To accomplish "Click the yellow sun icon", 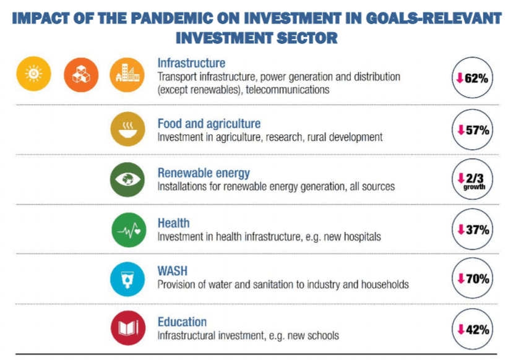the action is [33, 74].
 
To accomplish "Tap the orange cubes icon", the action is [81, 75].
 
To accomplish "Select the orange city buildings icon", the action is [127, 75].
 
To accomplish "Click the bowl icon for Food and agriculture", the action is [127, 129].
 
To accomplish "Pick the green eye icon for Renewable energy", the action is [127, 179].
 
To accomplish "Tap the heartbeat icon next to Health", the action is [129, 230].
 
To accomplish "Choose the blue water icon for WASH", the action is [127, 279].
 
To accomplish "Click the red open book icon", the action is [128, 328].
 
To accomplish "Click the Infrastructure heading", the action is [191, 63].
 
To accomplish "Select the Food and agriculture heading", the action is [209, 123].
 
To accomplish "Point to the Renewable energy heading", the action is [204, 173].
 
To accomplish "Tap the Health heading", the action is [173, 223].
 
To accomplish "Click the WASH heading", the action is [173, 271].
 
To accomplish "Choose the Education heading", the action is [182, 322].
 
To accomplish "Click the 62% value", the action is [476, 78].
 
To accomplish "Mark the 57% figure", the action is [478, 130].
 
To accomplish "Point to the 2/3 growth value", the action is [475, 181].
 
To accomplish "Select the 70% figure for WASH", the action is [478, 278].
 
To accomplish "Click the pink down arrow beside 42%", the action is [461, 330].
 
